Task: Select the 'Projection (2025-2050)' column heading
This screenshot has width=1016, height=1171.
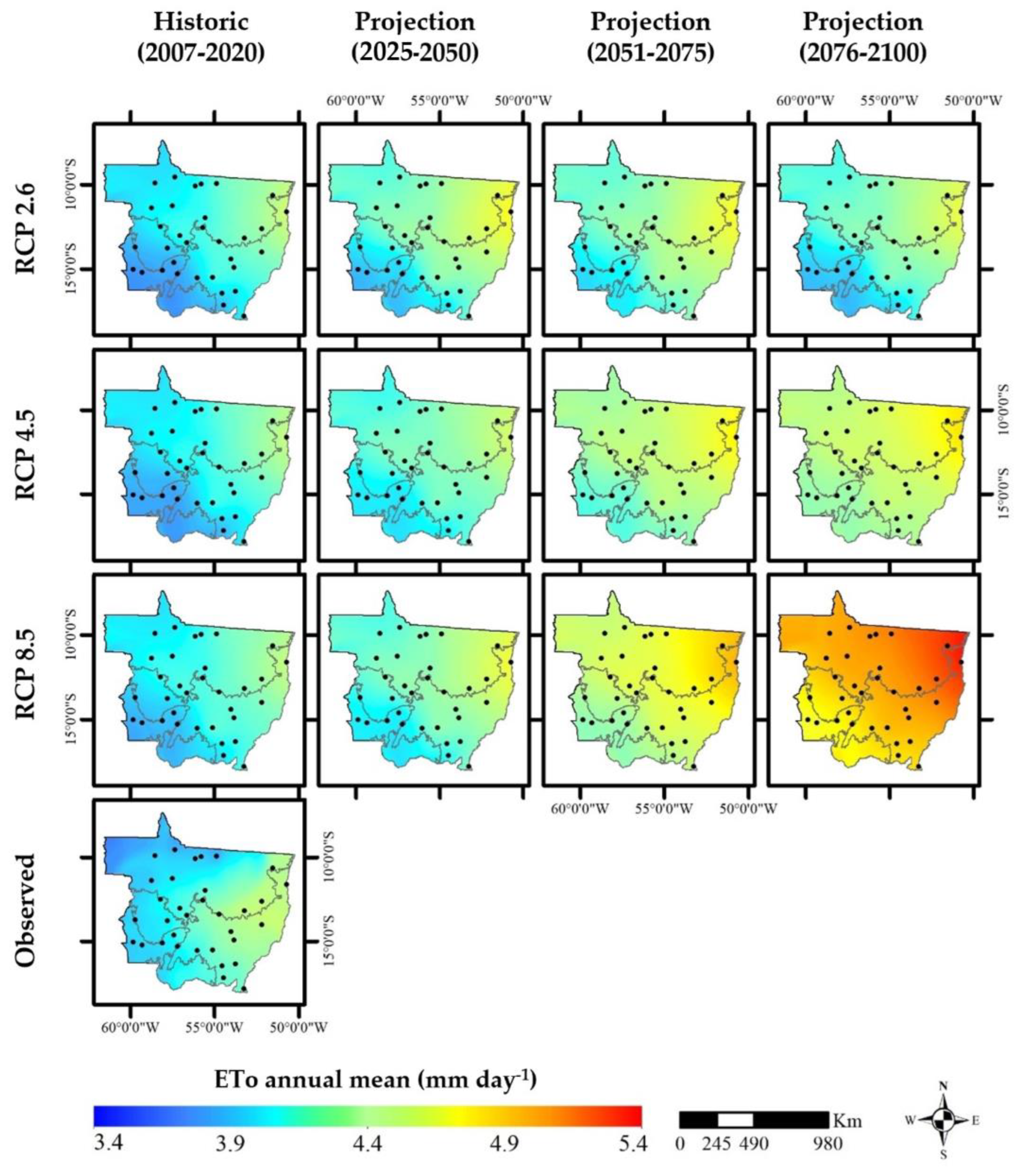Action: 414,37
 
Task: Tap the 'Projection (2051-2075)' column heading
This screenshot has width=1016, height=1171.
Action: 650,37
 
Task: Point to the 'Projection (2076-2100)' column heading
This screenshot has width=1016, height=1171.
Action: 863,37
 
